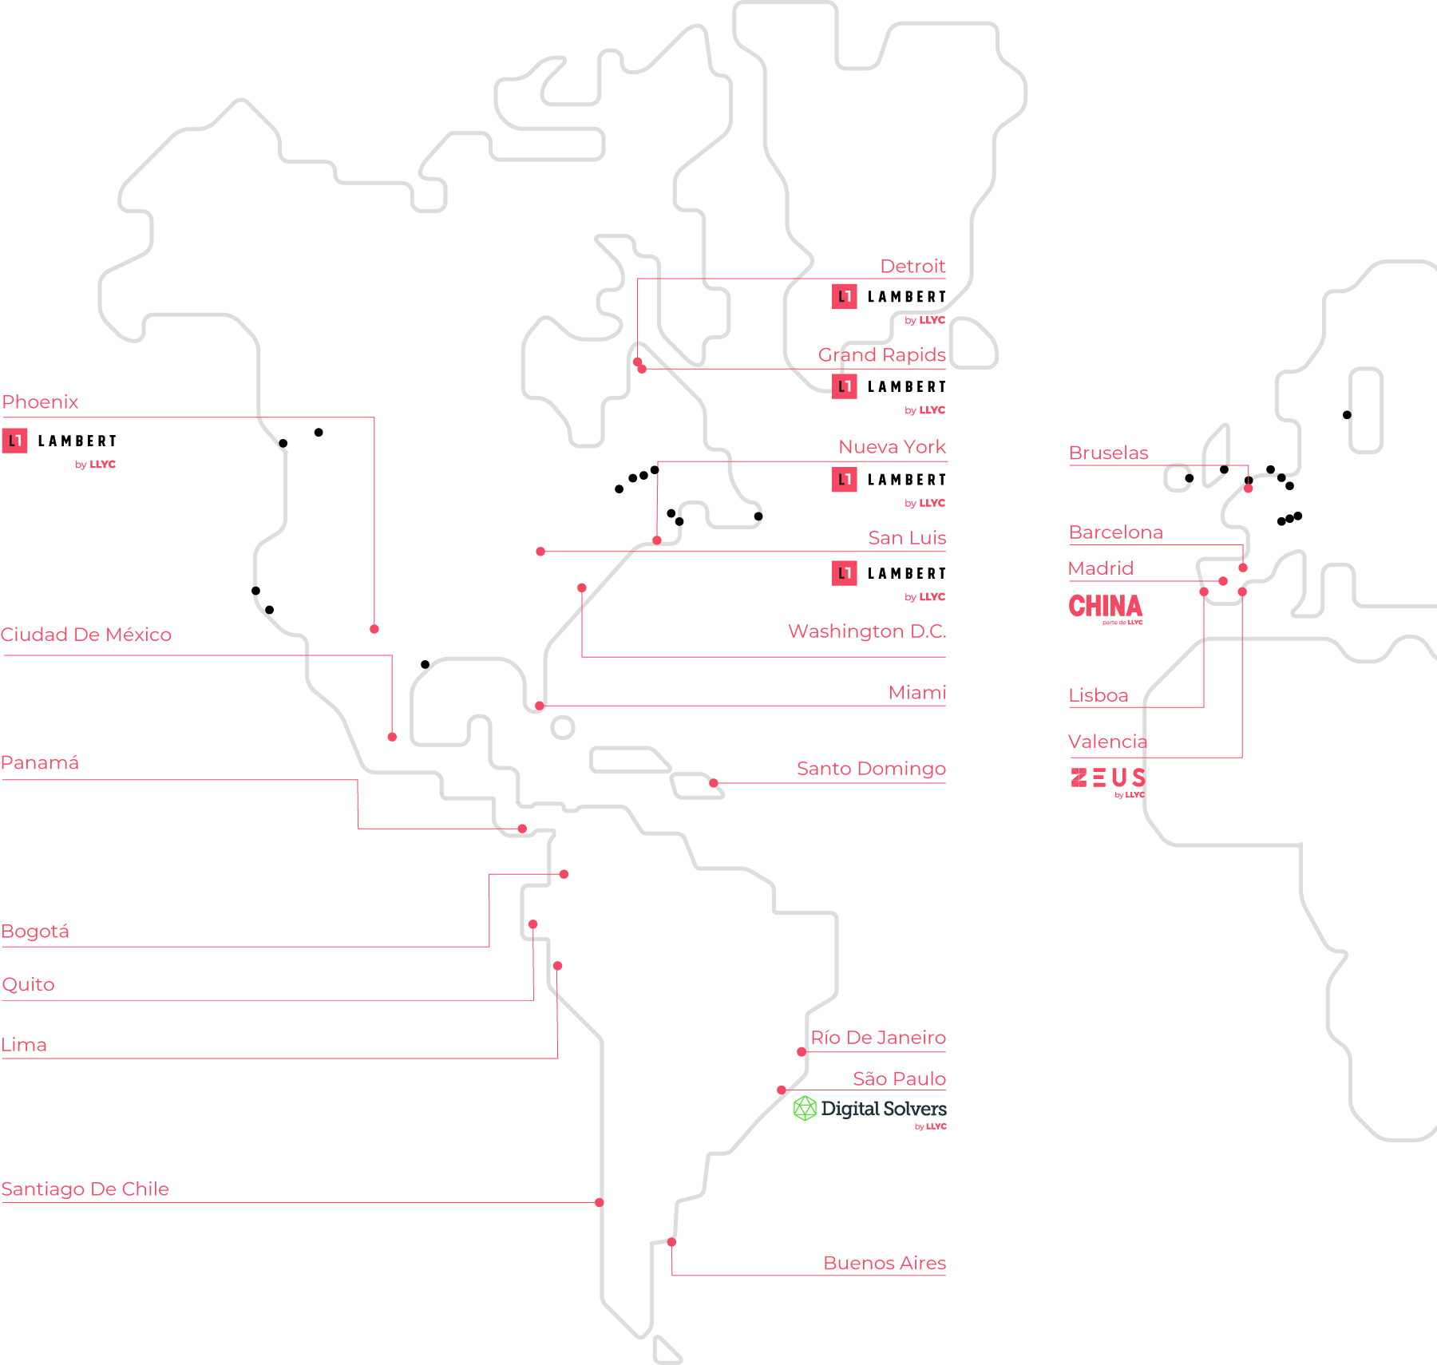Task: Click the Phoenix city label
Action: click(40, 402)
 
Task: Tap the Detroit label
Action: click(912, 267)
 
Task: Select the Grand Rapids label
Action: click(881, 355)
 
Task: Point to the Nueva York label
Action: click(892, 447)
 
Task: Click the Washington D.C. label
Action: click(867, 631)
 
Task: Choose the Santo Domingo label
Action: click(871, 769)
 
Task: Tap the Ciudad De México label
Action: click(86, 635)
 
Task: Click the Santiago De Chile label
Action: click(85, 1189)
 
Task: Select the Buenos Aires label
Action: click(885, 1264)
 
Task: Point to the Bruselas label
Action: click(1108, 453)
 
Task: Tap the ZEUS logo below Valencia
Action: click(1108, 777)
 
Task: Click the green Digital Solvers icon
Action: click(805, 1108)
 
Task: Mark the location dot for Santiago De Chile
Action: click(600, 1202)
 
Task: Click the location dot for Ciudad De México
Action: click(392, 737)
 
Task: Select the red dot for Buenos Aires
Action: click(672, 1242)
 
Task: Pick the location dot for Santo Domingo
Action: click(714, 783)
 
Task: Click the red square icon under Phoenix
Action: click(14, 441)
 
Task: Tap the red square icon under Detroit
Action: click(845, 296)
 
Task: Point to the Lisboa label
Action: click(1099, 696)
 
